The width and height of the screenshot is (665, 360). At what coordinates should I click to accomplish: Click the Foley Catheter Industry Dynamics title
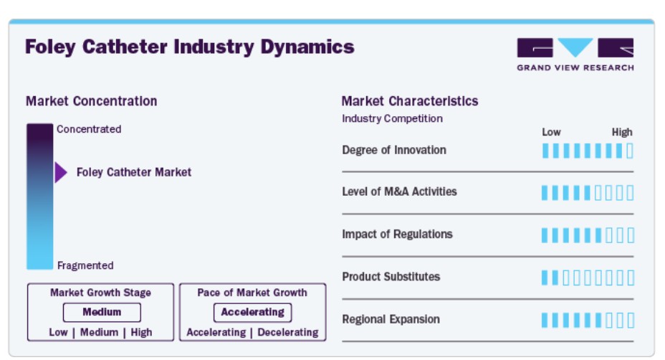(190, 47)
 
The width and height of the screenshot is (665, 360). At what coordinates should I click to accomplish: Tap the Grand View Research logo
(575, 55)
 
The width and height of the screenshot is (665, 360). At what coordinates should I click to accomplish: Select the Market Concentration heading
(91, 101)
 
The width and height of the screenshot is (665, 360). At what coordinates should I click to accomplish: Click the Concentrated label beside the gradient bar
(89, 129)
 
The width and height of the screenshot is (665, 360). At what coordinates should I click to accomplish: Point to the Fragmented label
(85, 265)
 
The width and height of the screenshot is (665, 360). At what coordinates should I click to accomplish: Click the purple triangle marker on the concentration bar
(61, 172)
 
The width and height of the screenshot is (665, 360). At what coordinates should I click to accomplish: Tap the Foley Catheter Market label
(133, 172)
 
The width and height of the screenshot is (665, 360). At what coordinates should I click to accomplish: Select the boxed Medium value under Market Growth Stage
(102, 312)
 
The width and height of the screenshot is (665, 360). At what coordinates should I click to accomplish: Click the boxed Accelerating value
(252, 312)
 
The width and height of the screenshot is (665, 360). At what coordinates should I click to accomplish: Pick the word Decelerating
(288, 332)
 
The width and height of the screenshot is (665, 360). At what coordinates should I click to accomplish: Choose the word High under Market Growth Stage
(141, 332)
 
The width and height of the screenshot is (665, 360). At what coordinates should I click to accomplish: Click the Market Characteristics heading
(410, 101)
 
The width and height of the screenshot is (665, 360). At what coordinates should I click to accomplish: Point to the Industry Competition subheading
(392, 118)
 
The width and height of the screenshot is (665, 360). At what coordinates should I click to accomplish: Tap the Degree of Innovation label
(394, 150)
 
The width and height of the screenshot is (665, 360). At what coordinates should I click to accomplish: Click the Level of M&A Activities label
(400, 191)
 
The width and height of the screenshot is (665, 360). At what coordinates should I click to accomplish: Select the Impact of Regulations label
(398, 234)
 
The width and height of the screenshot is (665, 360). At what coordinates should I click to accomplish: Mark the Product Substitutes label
(391, 277)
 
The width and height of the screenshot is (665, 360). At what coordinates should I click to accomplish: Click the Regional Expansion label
(391, 319)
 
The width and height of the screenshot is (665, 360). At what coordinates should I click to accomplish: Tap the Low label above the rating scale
(551, 132)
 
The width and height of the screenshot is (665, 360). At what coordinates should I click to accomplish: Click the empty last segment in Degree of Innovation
(630, 151)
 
